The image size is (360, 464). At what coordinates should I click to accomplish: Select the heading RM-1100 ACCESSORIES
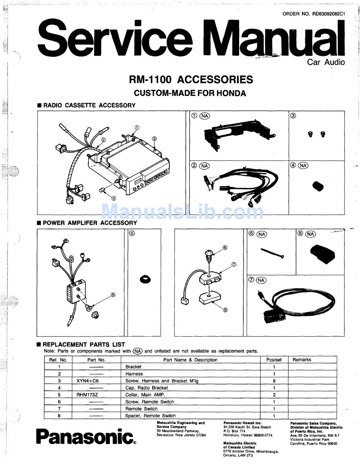tap(191, 80)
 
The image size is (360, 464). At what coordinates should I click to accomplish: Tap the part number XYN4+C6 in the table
tap(88, 381)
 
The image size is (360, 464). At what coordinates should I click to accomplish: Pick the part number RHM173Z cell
tap(88, 395)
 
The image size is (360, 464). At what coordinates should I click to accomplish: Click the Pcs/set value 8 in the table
tap(274, 381)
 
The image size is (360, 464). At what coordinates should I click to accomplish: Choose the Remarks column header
tap(302, 360)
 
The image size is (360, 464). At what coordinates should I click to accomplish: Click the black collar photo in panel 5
tap(145, 279)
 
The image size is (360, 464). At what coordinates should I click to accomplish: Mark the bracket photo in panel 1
tap(239, 137)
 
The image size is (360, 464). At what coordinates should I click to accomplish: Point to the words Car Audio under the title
tap(326, 62)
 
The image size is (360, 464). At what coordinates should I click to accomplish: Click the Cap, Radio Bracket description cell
tap(146, 388)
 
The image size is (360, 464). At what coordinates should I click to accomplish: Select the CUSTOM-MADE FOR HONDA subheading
tap(190, 93)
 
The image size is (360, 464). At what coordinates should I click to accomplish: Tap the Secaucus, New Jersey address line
tap(181, 435)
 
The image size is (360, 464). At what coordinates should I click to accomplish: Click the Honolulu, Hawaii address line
tap(248, 435)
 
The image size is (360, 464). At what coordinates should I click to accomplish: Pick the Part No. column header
tap(96, 360)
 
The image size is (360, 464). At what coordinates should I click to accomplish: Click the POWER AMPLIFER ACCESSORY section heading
tap(89, 223)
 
